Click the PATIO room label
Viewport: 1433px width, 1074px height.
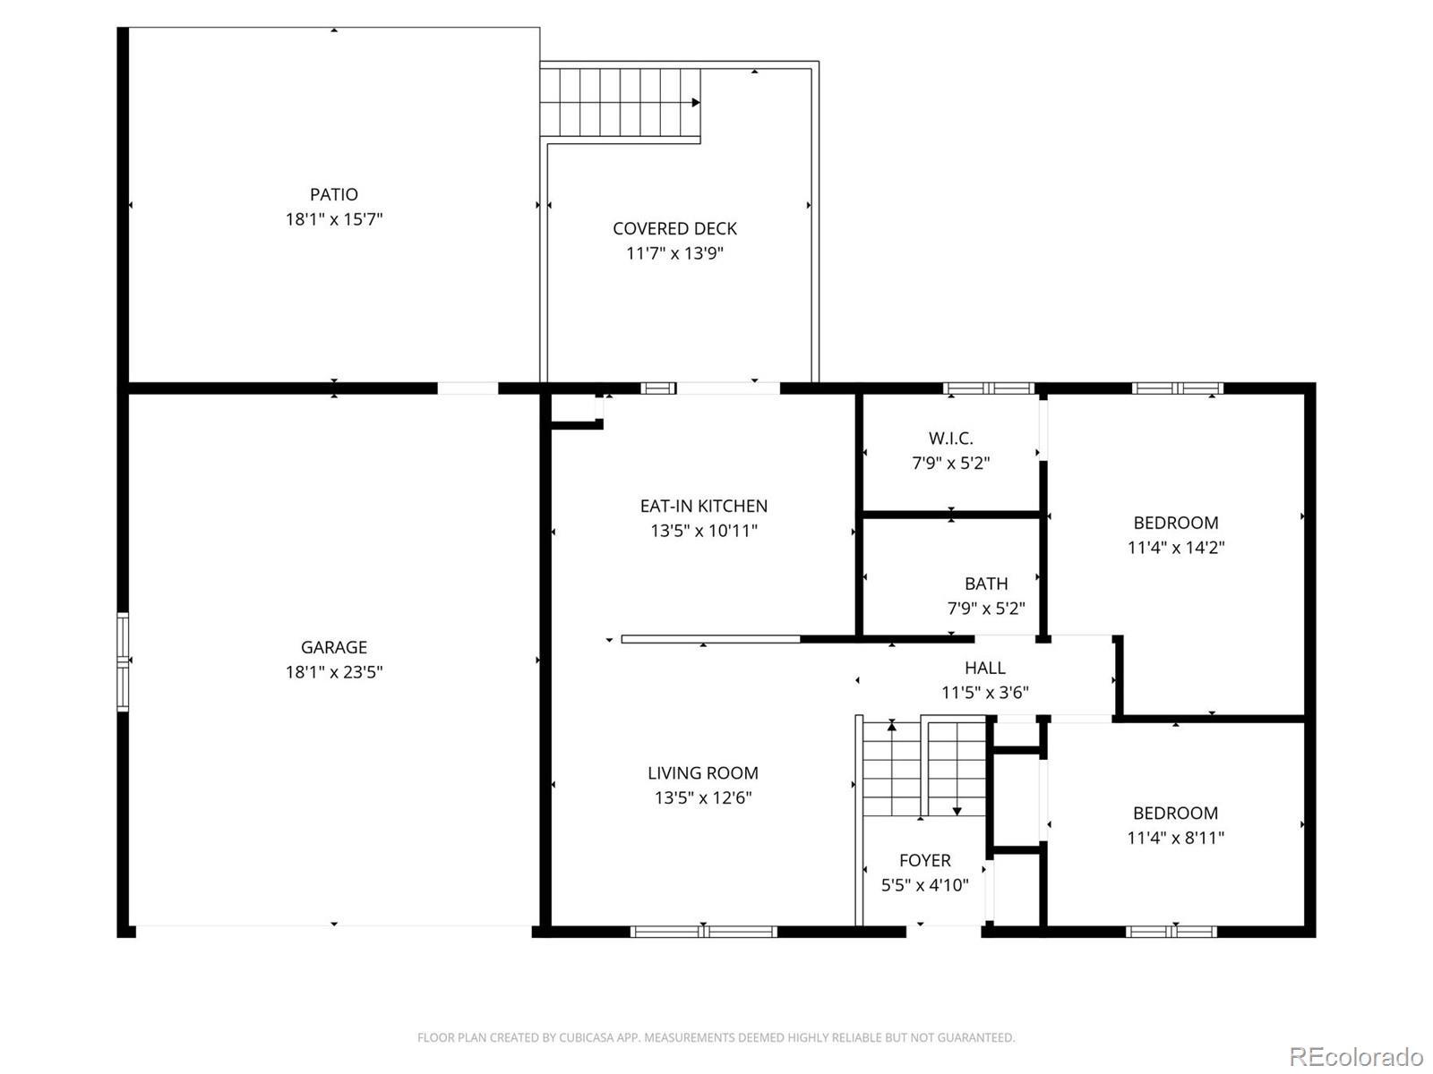point(334,194)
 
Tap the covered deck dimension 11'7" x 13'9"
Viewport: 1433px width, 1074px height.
point(674,253)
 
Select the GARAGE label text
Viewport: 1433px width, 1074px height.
point(334,647)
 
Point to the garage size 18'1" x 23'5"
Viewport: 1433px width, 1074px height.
point(334,672)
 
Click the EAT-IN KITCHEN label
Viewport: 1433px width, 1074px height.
point(703,506)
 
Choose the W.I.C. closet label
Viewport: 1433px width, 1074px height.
point(950,439)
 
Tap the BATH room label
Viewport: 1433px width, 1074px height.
point(986,584)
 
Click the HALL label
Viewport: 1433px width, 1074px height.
point(984,668)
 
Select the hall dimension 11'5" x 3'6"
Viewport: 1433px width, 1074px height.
point(984,692)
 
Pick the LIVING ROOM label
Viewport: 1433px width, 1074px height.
point(703,773)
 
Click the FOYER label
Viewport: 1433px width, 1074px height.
point(924,860)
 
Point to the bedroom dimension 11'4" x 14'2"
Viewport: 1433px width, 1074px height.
point(1175,547)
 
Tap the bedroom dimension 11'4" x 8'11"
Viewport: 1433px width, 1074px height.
point(1175,838)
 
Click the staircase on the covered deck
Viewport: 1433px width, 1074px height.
point(620,101)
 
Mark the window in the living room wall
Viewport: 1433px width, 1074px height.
point(703,932)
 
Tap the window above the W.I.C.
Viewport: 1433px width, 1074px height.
point(989,388)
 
